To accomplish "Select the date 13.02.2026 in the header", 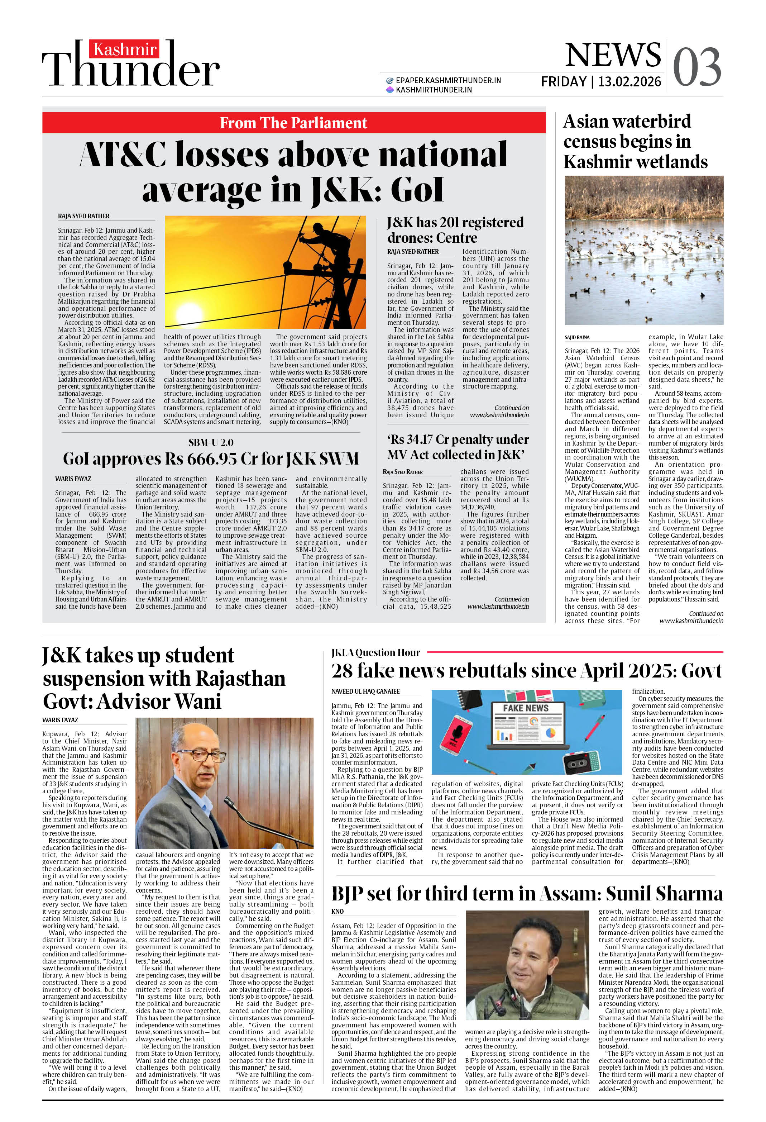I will tap(629, 82).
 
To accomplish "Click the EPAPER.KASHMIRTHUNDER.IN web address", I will tap(448, 81).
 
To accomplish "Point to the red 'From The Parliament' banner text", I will tap(293, 123).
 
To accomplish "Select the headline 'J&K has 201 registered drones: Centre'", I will tap(455, 230).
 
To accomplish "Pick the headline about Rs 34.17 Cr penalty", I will tap(458, 447).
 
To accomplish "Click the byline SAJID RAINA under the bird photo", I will tap(577, 337).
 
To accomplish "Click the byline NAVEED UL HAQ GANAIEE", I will tap(365, 691).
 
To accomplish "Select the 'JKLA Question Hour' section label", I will tap(375, 653).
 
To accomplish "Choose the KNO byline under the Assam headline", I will tap(337, 912).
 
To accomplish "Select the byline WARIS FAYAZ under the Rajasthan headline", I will tap(60, 720).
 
